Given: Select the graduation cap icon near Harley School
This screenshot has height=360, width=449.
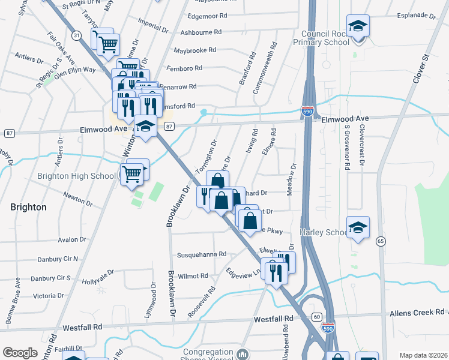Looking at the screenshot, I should click(x=358, y=227).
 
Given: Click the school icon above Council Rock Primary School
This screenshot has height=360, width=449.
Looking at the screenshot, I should click(x=358, y=26).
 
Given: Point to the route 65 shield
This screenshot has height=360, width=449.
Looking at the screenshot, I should click(x=381, y=241).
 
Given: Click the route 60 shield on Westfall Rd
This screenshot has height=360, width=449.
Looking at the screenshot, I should click(x=317, y=317).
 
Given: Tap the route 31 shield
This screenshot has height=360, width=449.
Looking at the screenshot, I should click(x=76, y=35).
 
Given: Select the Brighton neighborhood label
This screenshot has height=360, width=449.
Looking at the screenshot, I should click(x=28, y=207).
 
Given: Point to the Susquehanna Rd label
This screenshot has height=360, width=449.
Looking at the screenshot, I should click(x=201, y=254).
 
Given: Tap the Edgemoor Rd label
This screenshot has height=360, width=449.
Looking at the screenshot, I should click(x=206, y=16).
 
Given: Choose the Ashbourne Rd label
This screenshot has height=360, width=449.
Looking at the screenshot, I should click(x=201, y=32).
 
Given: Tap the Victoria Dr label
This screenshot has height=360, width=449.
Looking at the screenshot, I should click(x=48, y=296).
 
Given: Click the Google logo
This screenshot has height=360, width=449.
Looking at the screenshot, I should click(x=20, y=353).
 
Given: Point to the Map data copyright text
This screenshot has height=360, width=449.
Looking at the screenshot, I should click(x=423, y=355).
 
